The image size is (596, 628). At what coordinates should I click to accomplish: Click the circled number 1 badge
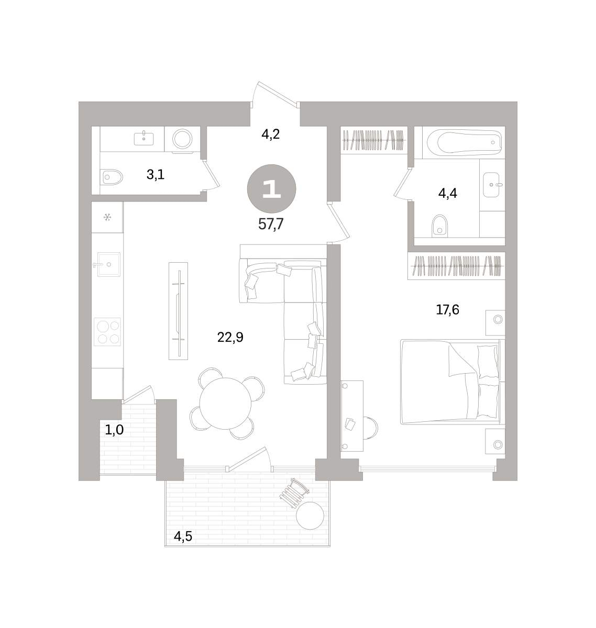coord(271,189)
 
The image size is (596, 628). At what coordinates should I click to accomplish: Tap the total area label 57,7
coord(271,225)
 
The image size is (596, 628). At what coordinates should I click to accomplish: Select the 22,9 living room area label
coord(230,337)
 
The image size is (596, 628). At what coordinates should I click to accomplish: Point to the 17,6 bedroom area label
coord(447,309)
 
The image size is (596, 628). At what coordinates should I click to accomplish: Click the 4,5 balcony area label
coord(183,536)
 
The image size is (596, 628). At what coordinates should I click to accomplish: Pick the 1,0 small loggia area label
coord(114,430)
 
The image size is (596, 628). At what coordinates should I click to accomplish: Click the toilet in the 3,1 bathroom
coord(113,177)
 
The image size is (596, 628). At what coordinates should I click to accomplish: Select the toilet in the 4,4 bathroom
coord(439,226)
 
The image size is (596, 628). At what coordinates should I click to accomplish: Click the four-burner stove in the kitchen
coord(107,332)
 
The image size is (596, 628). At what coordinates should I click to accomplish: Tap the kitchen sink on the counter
coord(108,264)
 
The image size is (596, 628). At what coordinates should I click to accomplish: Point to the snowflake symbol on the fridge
coord(107,218)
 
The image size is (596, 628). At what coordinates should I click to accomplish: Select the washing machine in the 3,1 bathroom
coord(182,139)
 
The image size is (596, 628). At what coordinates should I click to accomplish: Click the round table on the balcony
coord(310,515)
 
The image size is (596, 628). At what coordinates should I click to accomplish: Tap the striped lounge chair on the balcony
coord(294,492)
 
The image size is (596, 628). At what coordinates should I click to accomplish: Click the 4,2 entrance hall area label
coord(270,134)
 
